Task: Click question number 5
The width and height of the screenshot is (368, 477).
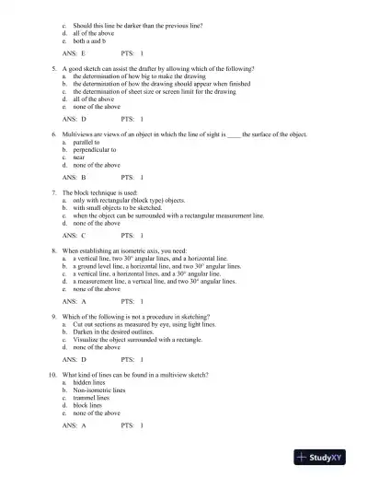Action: (54, 69)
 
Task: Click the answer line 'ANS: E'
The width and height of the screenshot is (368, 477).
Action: (74, 54)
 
